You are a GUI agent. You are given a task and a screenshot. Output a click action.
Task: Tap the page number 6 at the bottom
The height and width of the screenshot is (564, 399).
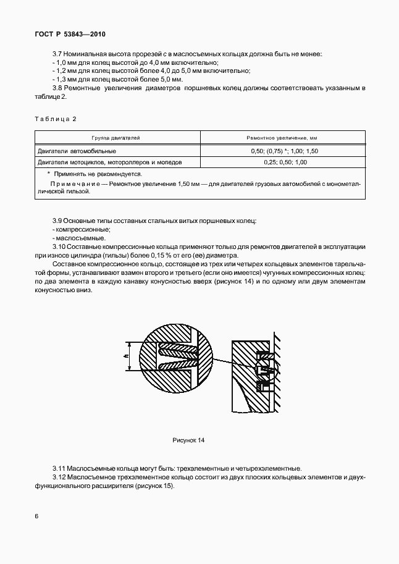[36, 515]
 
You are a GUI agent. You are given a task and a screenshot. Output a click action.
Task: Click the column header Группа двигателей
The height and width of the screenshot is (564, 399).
[116, 138]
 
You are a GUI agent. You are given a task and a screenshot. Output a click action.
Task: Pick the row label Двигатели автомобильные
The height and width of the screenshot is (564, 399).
[77, 151]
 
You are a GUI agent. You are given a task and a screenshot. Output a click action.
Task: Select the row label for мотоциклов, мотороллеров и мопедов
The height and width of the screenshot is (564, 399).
[109, 162]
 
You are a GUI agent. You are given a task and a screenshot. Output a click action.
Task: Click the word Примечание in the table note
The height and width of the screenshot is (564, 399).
[72, 184]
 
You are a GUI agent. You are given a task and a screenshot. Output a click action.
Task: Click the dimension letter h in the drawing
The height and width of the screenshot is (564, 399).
[125, 357]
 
